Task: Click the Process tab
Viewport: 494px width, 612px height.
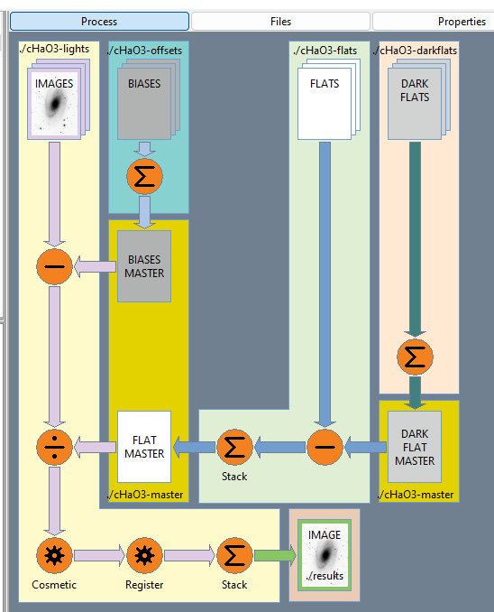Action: (99, 21)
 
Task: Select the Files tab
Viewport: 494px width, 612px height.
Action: (280, 21)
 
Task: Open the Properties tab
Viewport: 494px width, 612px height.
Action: (434, 21)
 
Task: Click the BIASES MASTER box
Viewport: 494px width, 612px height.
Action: (144, 266)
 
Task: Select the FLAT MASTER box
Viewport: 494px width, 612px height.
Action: (144, 447)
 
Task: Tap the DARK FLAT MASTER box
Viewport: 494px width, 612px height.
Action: (415, 447)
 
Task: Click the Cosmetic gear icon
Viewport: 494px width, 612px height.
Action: (54, 555)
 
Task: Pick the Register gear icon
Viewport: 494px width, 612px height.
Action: (144, 555)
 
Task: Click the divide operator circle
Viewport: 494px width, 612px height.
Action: (54, 447)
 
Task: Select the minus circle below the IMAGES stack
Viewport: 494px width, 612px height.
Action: (54, 266)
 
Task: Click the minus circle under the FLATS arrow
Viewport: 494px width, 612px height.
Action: (325, 447)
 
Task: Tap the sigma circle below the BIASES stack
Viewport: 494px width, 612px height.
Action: (144, 176)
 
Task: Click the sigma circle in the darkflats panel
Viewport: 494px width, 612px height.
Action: (415, 357)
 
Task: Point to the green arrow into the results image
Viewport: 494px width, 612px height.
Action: (275, 555)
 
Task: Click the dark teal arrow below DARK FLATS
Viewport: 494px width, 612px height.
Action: (415, 239)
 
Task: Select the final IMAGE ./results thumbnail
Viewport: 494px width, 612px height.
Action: (325, 554)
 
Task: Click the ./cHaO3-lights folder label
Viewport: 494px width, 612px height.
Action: (54, 49)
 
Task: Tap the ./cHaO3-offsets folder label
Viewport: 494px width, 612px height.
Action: (144, 51)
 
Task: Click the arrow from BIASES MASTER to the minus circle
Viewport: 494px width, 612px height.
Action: (96, 266)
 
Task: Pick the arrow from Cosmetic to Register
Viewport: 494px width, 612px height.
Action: (99, 555)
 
